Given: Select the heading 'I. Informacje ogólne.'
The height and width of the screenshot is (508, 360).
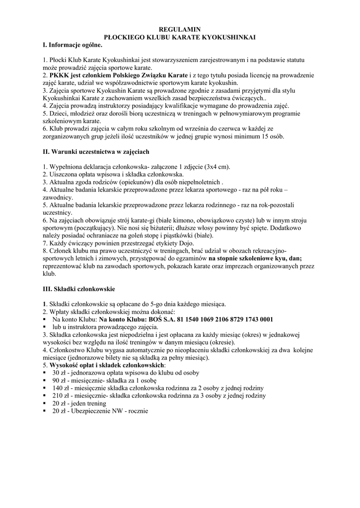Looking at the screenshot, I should pos(72,45).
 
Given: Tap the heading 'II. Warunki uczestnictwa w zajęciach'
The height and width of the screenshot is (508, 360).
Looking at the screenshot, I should pos(96,151).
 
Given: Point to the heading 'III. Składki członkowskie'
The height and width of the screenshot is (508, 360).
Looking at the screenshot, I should pos(79,288).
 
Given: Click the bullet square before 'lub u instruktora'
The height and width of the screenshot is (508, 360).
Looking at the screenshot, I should pos(45,328).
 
